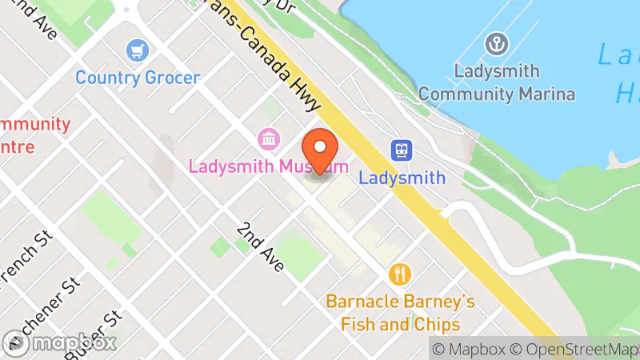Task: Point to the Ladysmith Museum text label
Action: coord(268,166)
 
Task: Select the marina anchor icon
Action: coord(497,44)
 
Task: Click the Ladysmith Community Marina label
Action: coord(497,82)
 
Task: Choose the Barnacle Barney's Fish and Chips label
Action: coord(400,313)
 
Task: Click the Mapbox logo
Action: coord(60,342)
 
